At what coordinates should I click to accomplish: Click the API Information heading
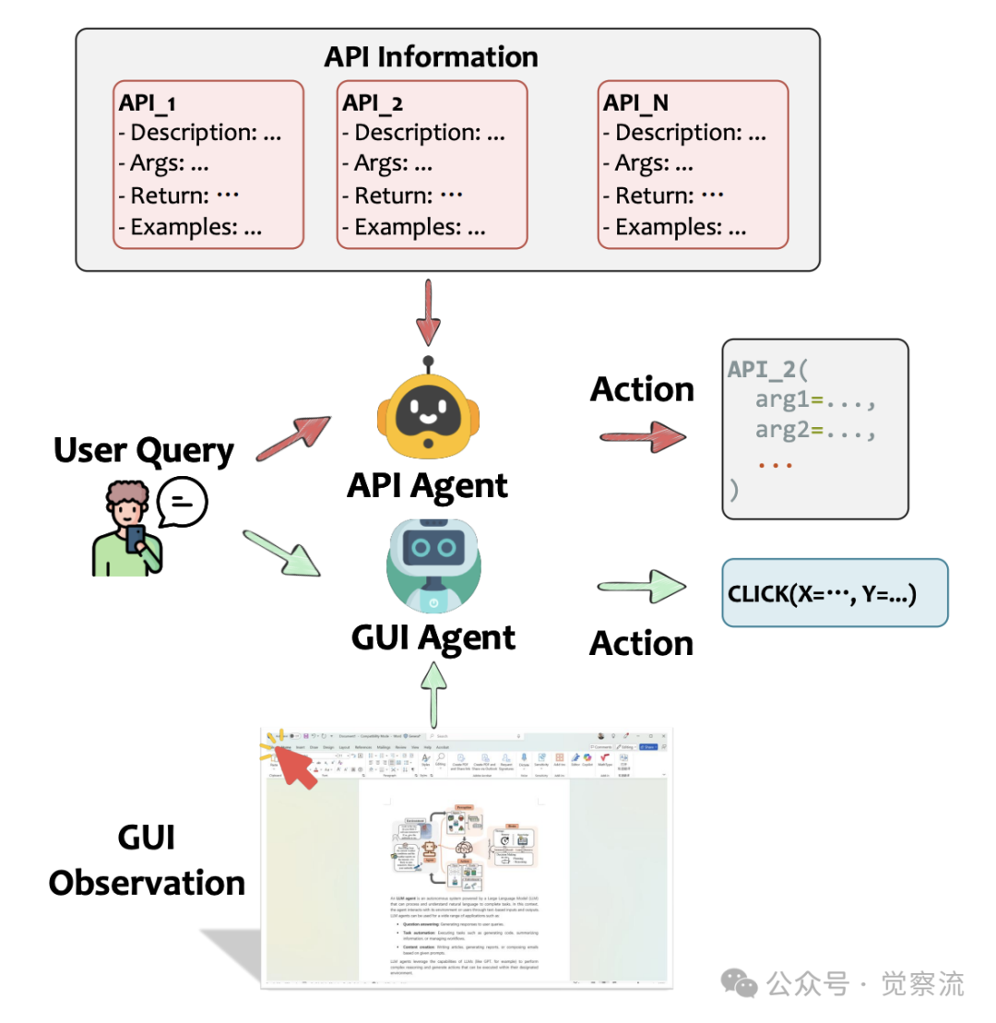pos(431,56)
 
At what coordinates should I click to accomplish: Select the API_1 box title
pos(148,103)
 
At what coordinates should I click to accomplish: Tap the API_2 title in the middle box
pos(373,103)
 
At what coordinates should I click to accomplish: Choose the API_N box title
pos(635,103)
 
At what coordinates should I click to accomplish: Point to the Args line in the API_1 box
pos(164,164)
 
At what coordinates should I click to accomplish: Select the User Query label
pos(144,451)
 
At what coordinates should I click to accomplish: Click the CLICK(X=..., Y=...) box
pos(834,593)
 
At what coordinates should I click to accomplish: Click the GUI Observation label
pos(147,860)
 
